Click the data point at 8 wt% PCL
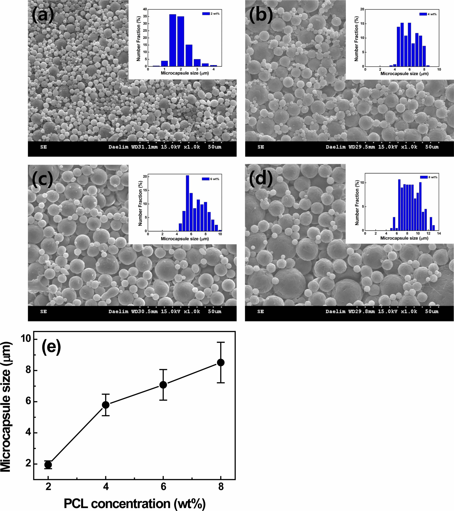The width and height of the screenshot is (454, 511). coord(221,362)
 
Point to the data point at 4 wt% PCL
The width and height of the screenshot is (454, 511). coord(106,405)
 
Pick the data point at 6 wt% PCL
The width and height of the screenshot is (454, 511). coord(163,385)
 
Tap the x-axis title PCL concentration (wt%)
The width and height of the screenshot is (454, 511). coord(135,503)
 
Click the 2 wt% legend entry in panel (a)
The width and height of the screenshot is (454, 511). coord(211,14)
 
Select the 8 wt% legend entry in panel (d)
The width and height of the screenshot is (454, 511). coord(429,177)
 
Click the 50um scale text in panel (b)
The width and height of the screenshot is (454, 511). coord(432,147)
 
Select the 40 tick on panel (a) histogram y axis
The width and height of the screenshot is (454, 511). coord(145,9)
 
